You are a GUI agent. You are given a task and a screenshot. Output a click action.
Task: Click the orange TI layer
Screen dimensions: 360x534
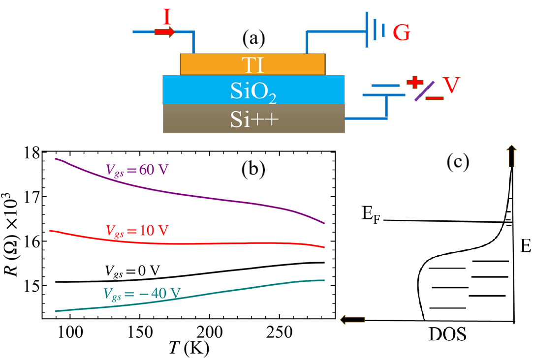[252, 64]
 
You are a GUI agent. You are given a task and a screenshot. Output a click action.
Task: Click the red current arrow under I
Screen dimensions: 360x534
[164, 32]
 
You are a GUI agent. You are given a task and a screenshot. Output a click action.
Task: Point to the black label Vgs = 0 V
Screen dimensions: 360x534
[132, 270]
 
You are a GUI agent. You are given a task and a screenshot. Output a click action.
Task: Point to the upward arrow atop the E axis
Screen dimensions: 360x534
[512, 153]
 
